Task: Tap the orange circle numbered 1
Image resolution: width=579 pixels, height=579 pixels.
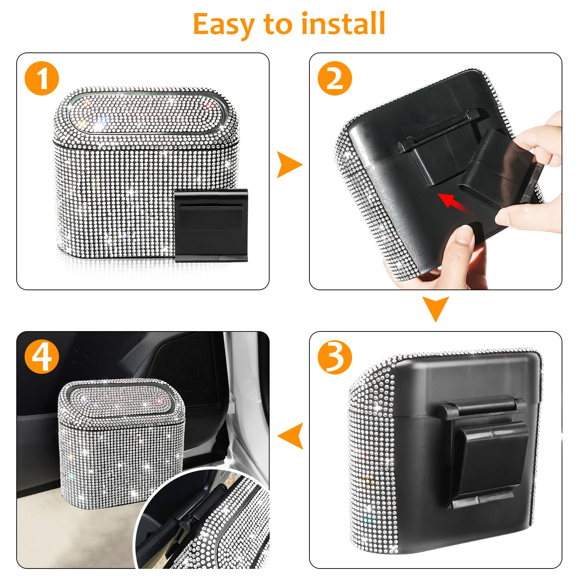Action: pos(42,79)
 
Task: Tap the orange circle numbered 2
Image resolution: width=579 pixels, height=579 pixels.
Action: pos(335,79)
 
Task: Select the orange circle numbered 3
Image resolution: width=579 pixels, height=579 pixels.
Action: pos(335,357)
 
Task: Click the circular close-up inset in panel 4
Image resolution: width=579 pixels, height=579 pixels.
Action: pos(203,521)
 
